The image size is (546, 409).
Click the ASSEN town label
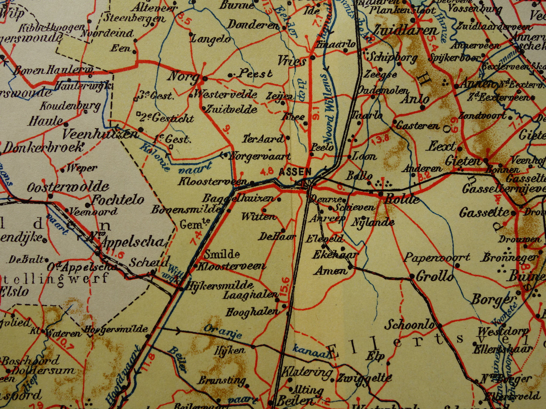click(x=295, y=172)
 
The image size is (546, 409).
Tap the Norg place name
click(x=183, y=77)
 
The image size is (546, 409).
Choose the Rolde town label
click(x=401, y=199)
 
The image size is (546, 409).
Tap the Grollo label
click(x=435, y=277)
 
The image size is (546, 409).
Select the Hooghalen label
click(x=252, y=312)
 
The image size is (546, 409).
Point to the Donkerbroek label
click(x=42, y=147)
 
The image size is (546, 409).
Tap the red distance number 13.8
click(x=380, y=139)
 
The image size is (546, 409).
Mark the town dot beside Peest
click(x=230, y=75)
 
